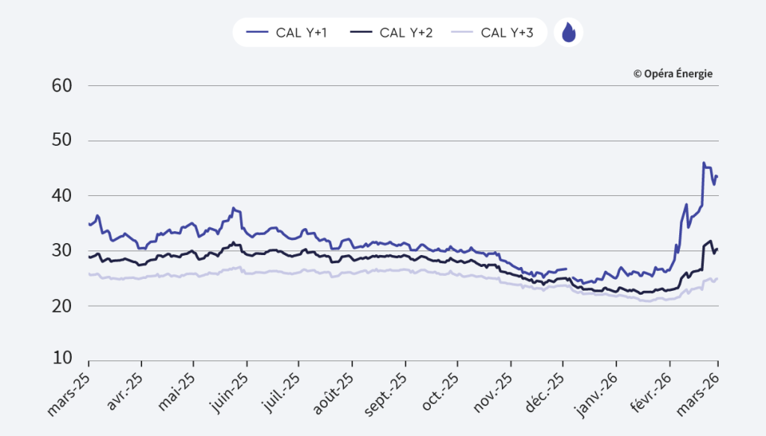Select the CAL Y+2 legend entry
click(393, 32)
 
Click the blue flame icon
click(569, 32)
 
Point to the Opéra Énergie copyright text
click(672, 73)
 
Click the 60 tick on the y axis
click(61, 85)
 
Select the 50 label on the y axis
click(61, 141)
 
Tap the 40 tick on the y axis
click(61, 196)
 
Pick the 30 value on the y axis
click(61, 251)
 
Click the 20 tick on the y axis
click(61, 306)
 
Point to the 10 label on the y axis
click(61, 357)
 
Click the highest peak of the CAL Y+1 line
click(703, 162)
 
